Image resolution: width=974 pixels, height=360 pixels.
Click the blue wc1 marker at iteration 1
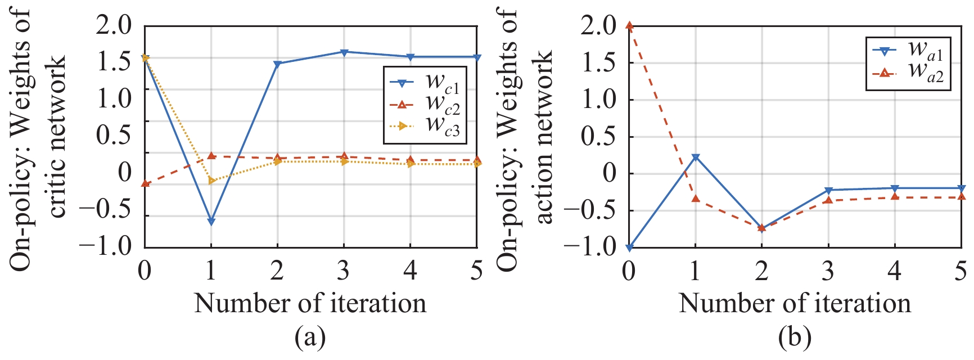pyautogui.click(x=211, y=222)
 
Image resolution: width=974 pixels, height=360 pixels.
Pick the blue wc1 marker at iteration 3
pyautogui.click(x=344, y=52)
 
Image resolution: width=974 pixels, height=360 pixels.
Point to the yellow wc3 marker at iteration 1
pyautogui.click(x=211, y=181)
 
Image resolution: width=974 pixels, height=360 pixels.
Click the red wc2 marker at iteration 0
pyautogui.click(x=145, y=183)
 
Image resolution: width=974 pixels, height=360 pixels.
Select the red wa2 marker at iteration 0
pyautogui.click(x=629, y=25)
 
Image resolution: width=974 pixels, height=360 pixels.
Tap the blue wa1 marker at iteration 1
pyautogui.click(x=696, y=157)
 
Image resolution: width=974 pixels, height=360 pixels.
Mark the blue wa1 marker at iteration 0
pyautogui.click(x=629, y=247)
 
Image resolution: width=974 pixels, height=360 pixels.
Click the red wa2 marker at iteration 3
pyautogui.click(x=828, y=200)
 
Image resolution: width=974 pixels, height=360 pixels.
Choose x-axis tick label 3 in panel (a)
pyautogui.click(x=344, y=271)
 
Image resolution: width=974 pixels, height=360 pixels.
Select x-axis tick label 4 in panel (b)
pyautogui.click(x=895, y=271)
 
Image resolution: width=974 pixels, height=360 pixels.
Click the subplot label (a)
pyautogui.click(x=310, y=337)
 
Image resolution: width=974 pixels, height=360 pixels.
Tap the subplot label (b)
pyautogui.click(x=795, y=337)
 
